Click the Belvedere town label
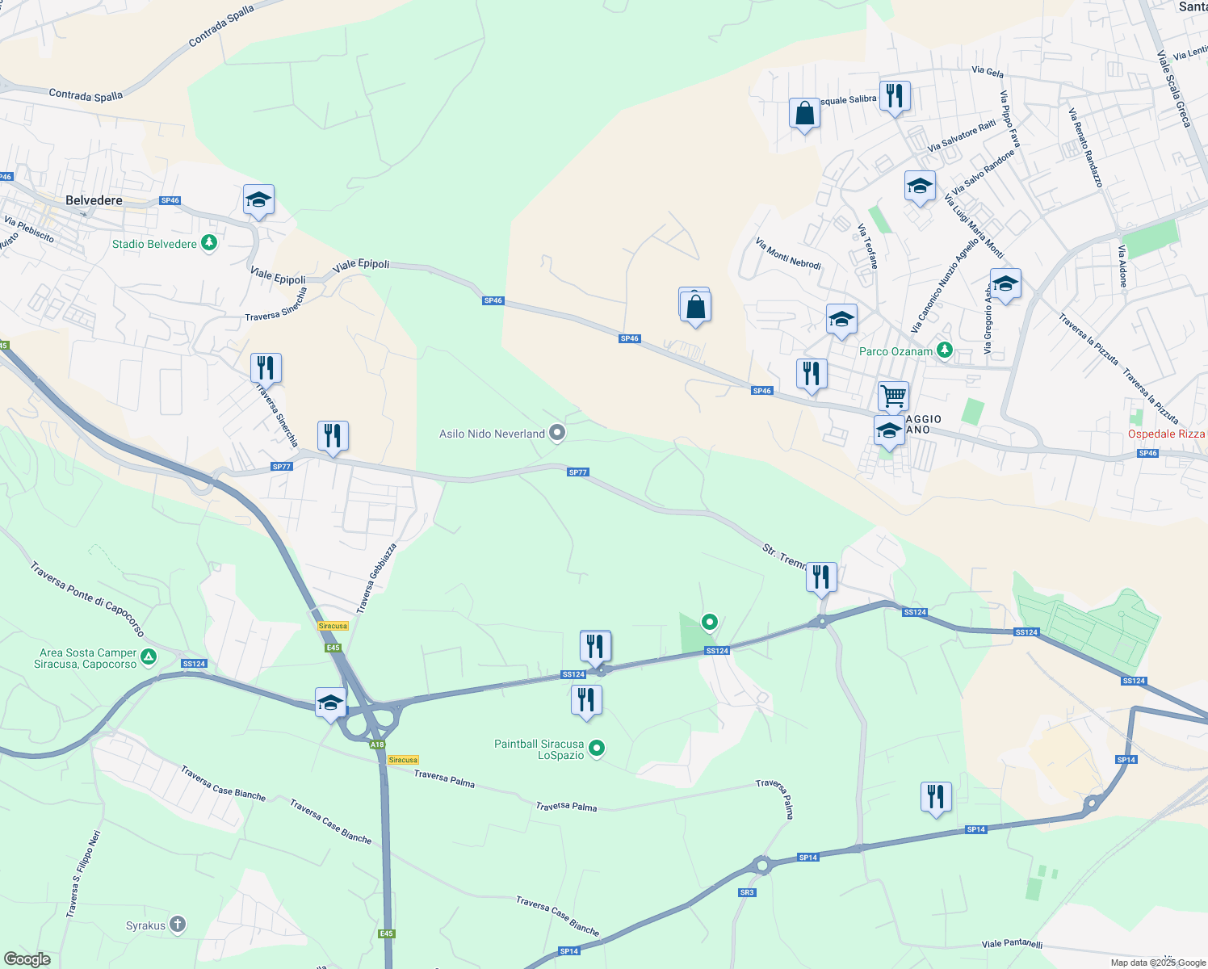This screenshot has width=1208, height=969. pyautogui.click(x=94, y=200)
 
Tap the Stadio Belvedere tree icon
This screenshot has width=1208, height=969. pyautogui.click(x=209, y=243)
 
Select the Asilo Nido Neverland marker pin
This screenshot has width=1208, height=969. pyautogui.click(x=556, y=434)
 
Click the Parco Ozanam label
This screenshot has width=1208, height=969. pyautogui.click(x=896, y=351)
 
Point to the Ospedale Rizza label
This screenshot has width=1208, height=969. pyautogui.click(x=1165, y=434)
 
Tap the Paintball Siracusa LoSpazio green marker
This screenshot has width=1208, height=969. pyautogui.click(x=597, y=749)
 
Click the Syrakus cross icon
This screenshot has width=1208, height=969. pyautogui.click(x=178, y=925)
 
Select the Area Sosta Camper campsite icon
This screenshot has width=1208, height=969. pyautogui.click(x=148, y=657)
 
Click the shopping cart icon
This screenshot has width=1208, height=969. pyautogui.click(x=893, y=396)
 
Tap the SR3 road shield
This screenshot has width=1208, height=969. pyautogui.click(x=746, y=892)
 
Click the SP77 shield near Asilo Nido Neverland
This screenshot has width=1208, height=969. pyautogui.click(x=577, y=472)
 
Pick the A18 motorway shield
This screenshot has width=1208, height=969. pyautogui.click(x=377, y=745)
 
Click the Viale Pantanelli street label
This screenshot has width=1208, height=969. pyautogui.click(x=1012, y=943)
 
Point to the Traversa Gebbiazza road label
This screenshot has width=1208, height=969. pyautogui.click(x=376, y=577)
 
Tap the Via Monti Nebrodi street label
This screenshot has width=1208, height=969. pyautogui.click(x=787, y=254)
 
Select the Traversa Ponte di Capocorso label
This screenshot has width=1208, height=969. pyautogui.click(x=87, y=599)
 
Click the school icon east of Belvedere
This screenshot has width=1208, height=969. pyautogui.click(x=258, y=199)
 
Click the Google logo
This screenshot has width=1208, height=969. pyautogui.click(x=27, y=959)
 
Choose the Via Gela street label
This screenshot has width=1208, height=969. pyautogui.click(x=988, y=72)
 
